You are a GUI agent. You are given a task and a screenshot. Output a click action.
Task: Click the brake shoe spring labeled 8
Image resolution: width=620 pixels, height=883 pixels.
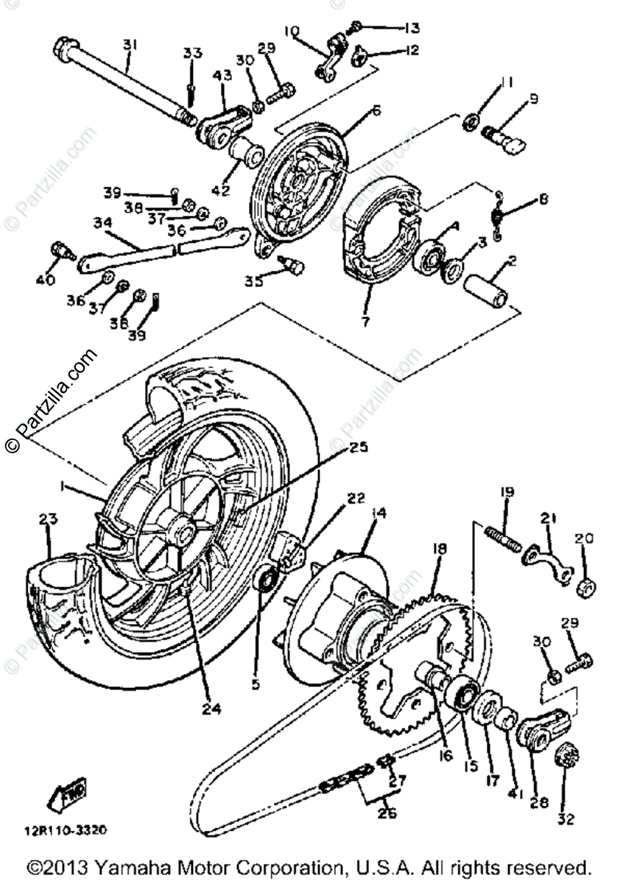click(x=499, y=216)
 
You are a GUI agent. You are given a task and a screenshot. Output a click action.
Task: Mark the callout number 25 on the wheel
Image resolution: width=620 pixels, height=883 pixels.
click(x=359, y=447)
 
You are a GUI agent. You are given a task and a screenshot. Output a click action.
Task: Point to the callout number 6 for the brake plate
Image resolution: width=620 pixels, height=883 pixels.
click(x=376, y=110)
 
